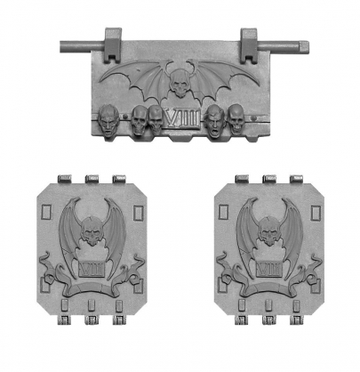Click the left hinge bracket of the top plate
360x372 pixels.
[114, 40]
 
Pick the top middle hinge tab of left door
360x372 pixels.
[90, 180]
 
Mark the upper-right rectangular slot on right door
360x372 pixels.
[311, 213]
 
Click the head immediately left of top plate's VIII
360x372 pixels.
[156, 118]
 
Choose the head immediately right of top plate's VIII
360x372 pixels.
[213, 118]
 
